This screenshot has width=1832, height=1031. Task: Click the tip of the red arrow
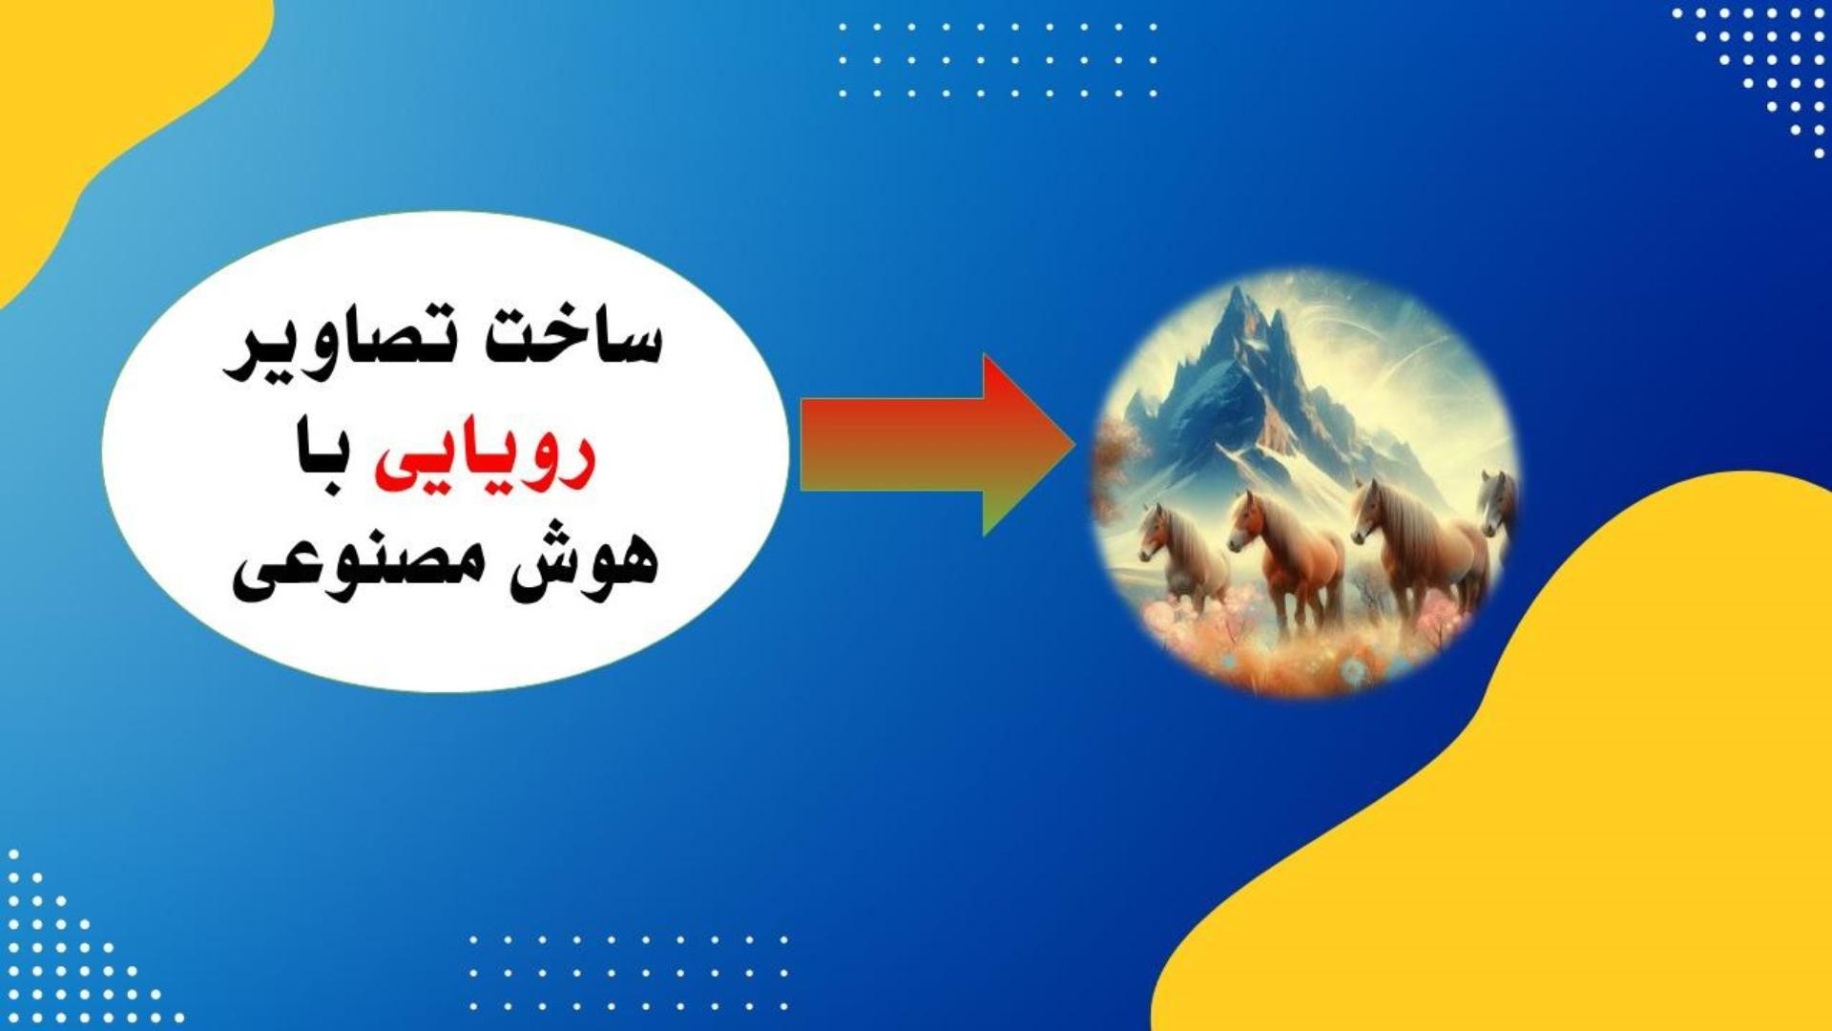pos(1075,445)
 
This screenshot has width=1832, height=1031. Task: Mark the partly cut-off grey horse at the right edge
pos(1498,506)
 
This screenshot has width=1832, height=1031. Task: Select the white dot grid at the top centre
pos(998,60)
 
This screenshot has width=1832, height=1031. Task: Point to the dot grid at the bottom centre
pos(629,972)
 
